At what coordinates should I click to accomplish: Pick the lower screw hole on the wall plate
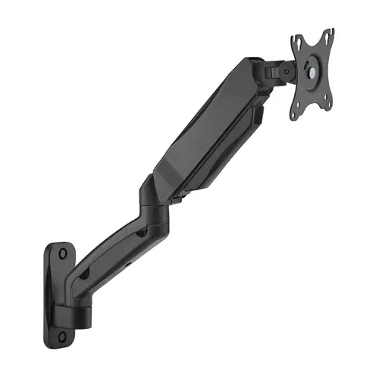[x=72, y=332]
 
